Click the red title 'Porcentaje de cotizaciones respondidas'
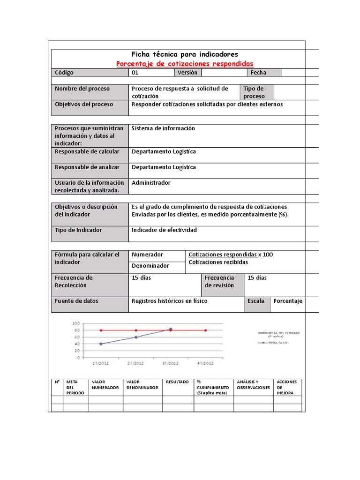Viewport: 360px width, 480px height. pyautogui.click(x=185, y=63)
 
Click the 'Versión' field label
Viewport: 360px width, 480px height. pyautogui.click(x=187, y=73)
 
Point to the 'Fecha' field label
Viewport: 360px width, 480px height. pyautogui.click(x=258, y=73)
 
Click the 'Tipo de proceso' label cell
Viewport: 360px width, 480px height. pyautogui.click(x=256, y=92)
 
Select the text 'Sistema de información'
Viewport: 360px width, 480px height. pyautogui.click(x=163, y=128)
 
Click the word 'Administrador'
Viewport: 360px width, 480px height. pyautogui.click(x=151, y=183)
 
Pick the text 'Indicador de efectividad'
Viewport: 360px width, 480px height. pyautogui.click(x=164, y=230)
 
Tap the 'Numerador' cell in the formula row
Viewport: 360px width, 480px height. pyautogui.click(x=148, y=255)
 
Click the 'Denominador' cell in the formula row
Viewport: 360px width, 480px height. pyautogui.click(x=150, y=266)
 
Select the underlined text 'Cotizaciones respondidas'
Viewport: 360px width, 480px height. pyautogui.click(x=222, y=255)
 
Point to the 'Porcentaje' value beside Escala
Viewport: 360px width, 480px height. pyautogui.click(x=288, y=301)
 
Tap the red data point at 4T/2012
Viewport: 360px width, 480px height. pyautogui.click(x=205, y=330)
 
